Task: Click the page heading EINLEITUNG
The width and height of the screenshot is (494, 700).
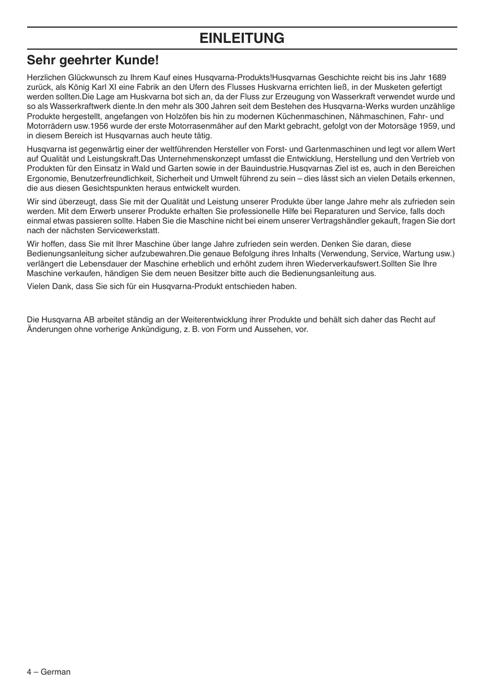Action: coord(242,38)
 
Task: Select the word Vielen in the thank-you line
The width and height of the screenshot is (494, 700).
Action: coord(38,286)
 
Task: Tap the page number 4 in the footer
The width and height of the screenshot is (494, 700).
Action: coord(29,672)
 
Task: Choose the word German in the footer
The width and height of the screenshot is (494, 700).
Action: coord(56,672)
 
